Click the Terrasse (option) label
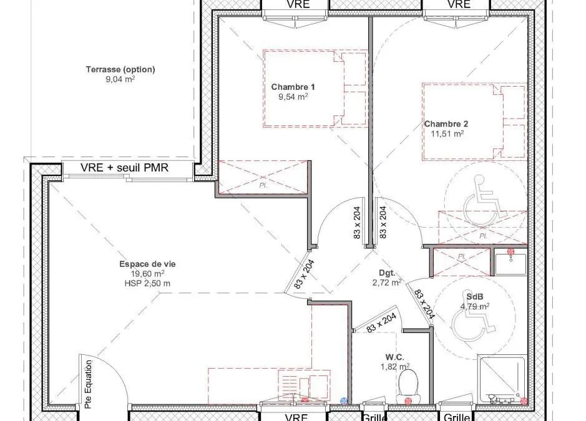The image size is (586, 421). coord(120,69)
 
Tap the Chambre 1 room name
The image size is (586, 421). coord(293,87)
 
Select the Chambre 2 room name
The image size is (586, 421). coord(446,123)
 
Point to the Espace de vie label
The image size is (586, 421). coord(147,264)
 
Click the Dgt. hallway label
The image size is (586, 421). coord(387,273)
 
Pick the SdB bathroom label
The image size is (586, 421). coord(475,297)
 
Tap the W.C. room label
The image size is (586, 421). coord(394,357)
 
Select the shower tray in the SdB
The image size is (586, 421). coord(502,380)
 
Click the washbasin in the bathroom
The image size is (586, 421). coord(510,263)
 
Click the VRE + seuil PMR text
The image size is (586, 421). coord(124,168)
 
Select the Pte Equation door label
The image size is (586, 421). coord(88,384)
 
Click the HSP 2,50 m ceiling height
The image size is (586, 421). coord(147,284)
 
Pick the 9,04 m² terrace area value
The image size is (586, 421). coord(120,79)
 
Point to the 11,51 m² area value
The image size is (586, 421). coord(447,133)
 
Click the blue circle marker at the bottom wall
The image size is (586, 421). coord(344,401)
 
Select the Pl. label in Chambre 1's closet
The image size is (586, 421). coord(263,185)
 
